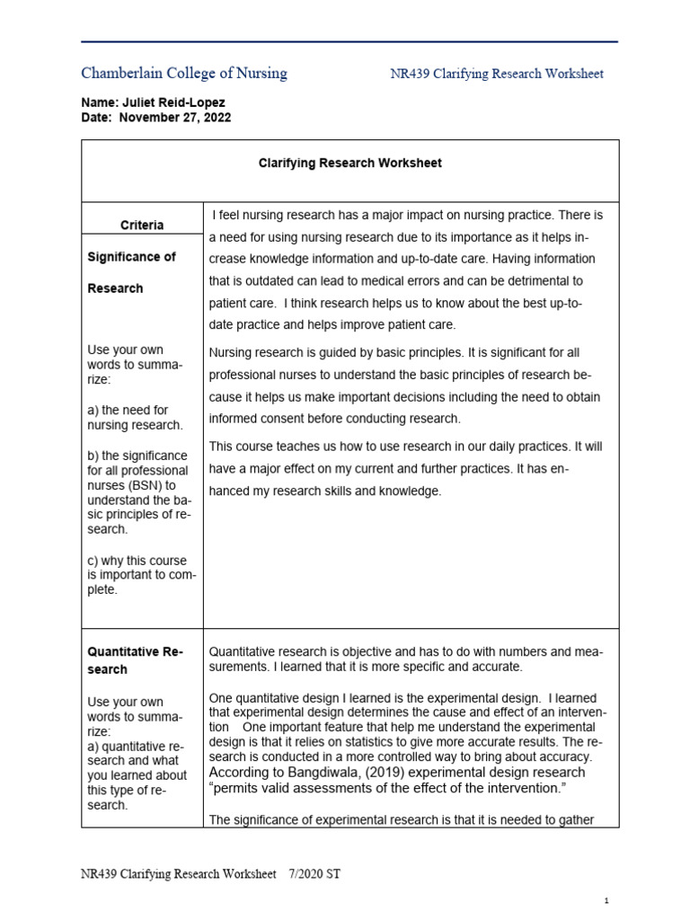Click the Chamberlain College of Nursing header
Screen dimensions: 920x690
184,74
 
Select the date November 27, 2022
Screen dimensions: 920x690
175,118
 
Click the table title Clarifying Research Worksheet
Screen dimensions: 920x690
349,164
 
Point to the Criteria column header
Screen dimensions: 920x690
142,226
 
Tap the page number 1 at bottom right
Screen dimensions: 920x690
607,900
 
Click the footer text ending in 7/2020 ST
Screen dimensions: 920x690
212,873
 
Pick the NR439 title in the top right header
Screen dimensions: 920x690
497,74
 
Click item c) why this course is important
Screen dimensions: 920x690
141,575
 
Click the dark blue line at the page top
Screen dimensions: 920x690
349,41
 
